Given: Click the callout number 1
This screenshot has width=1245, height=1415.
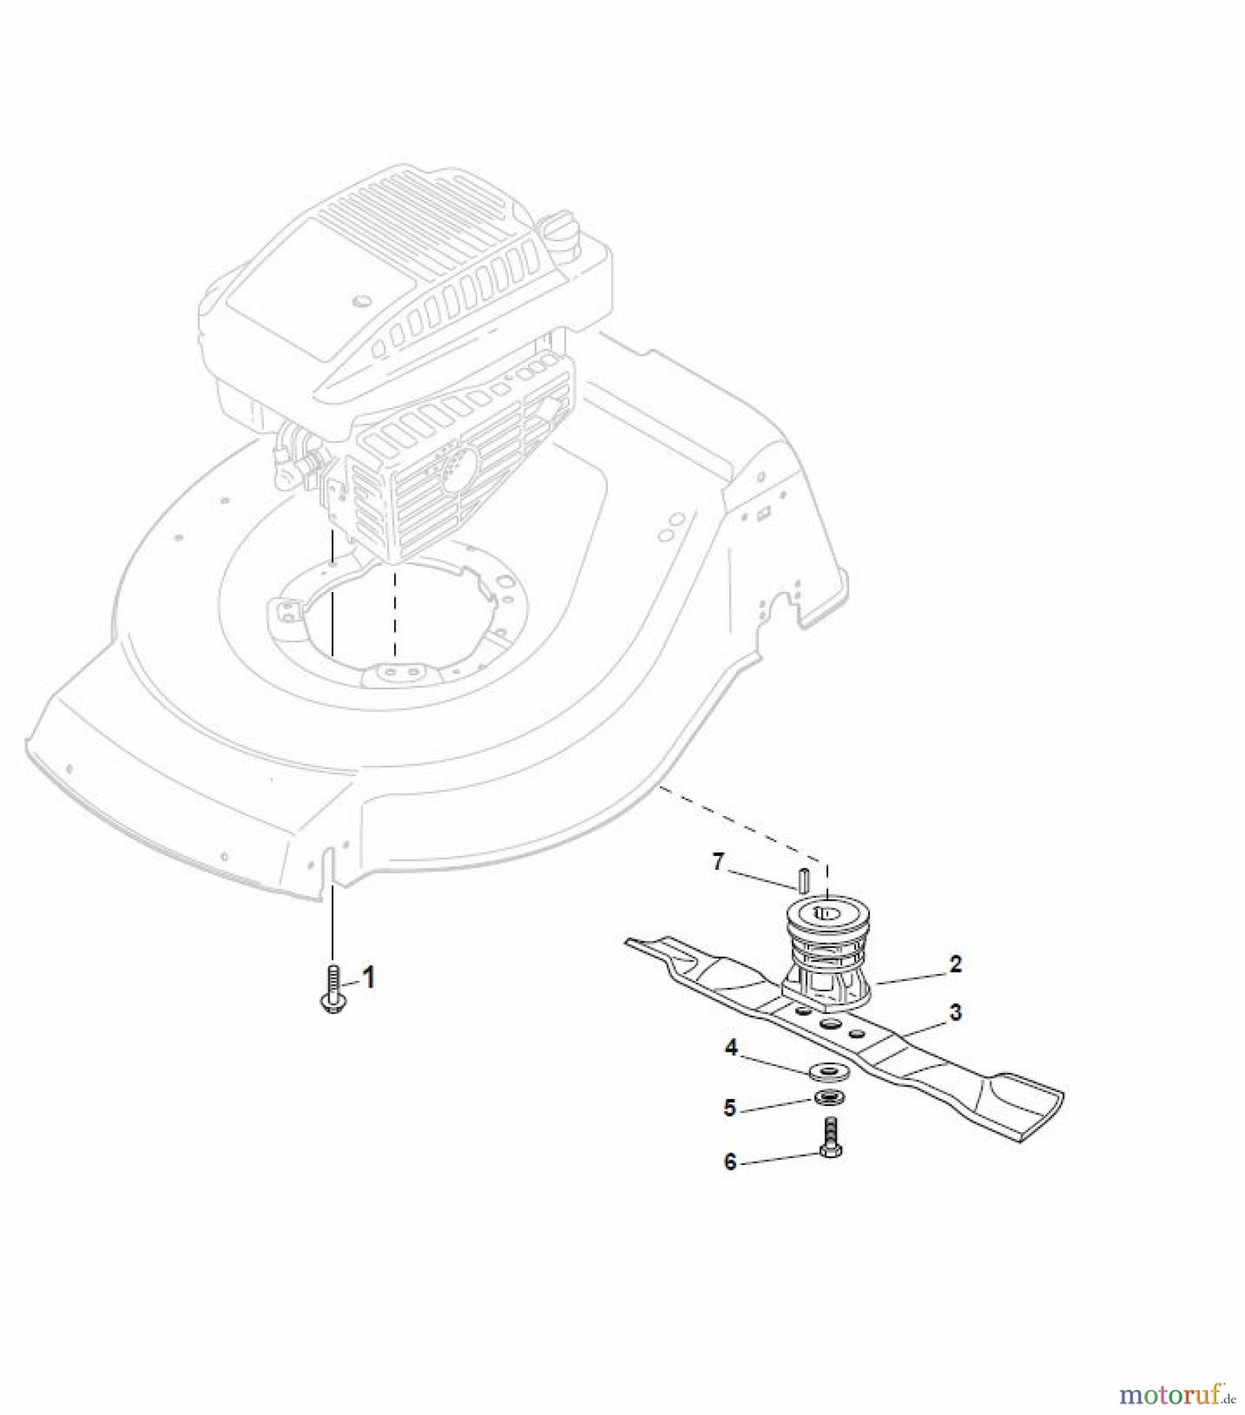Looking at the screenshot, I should pyautogui.click(x=367, y=978).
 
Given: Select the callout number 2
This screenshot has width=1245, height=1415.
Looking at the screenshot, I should pyautogui.click(x=955, y=964).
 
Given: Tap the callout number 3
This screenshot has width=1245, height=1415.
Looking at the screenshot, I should pyautogui.click(x=955, y=1012).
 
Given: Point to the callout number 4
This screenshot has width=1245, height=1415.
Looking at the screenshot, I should pyautogui.click(x=731, y=1049).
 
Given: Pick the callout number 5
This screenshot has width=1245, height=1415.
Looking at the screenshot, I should pyautogui.click(x=729, y=1108).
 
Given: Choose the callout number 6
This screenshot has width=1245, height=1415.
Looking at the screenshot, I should pyautogui.click(x=730, y=1161).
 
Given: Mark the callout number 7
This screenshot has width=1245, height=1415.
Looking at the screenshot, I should pyautogui.click(x=717, y=862).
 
